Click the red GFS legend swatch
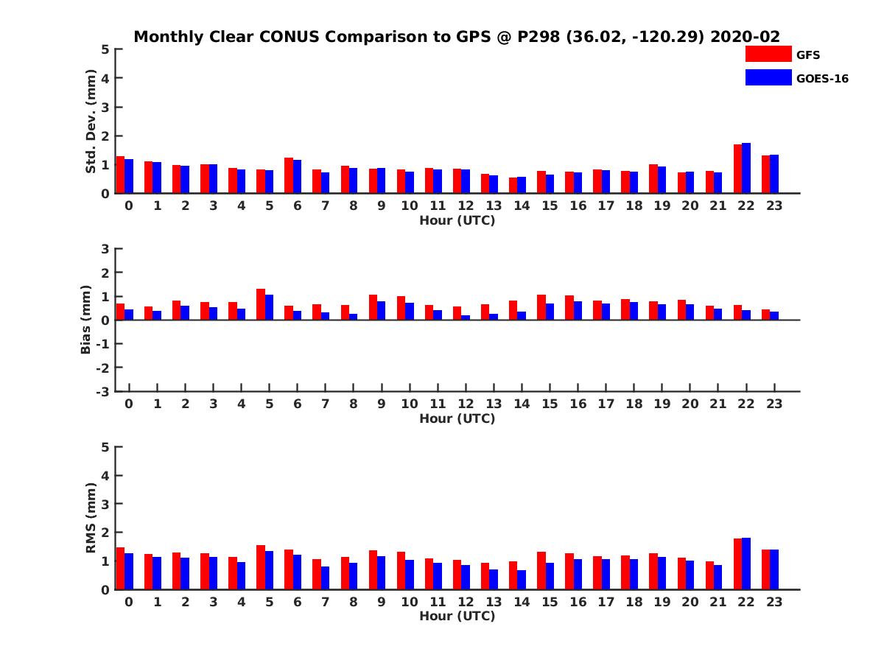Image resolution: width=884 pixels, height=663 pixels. click(768, 54)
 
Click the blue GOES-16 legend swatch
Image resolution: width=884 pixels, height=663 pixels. click(768, 77)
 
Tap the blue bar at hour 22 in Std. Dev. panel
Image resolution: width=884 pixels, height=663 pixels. click(746, 168)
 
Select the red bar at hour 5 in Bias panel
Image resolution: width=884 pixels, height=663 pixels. click(261, 304)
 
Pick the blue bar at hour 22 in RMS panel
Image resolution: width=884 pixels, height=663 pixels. click(746, 564)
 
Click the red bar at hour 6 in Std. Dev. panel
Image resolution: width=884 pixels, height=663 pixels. click(289, 175)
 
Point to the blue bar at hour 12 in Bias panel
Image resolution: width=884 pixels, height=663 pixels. click(466, 318)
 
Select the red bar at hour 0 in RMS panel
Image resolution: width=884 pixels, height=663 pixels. click(120, 568)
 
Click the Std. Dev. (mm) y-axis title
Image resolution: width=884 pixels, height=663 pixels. click(91, 122)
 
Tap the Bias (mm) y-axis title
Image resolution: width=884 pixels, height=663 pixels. click(86, 320)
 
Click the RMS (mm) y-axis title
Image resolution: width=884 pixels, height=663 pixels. click(91, 518)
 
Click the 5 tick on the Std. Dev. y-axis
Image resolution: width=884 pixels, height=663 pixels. click(106, 49)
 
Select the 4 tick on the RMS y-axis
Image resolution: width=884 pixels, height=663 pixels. click(106, 475)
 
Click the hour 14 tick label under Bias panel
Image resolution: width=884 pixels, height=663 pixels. click(522, 404)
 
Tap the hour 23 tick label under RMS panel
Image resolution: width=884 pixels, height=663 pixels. click(773, 602)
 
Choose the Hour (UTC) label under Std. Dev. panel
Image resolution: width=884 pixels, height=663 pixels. click(457, 220)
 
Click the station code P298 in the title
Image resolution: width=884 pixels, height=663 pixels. click(538, 37)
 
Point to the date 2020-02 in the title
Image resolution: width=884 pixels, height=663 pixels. click(745, 37)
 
